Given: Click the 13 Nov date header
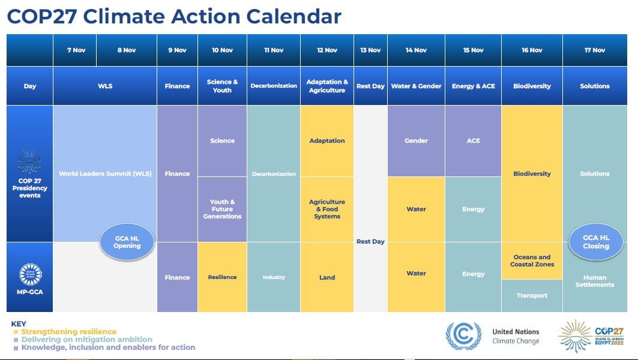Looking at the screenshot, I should [370, 50].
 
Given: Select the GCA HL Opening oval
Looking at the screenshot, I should [127, 242].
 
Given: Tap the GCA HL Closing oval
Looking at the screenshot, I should [595, 242].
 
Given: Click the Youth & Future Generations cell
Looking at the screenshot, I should [222, 209].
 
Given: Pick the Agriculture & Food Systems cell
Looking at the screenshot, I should [327, 209].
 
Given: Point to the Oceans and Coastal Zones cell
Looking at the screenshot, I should [532, 260].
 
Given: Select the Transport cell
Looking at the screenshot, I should [532, 296].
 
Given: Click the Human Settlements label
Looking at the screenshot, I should [594, 281].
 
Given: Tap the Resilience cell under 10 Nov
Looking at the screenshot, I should [222, 277].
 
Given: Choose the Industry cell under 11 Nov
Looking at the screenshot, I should [273, 277].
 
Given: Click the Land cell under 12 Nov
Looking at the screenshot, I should [327, 277].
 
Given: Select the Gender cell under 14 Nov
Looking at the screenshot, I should [416, 141].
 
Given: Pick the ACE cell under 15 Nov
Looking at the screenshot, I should [473, 141].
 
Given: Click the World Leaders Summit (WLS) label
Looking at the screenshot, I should [105, 174].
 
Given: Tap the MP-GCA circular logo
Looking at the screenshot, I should [30, 274].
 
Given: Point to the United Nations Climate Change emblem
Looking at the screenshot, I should [463, 336].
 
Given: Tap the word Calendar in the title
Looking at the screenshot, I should [289, 16].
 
